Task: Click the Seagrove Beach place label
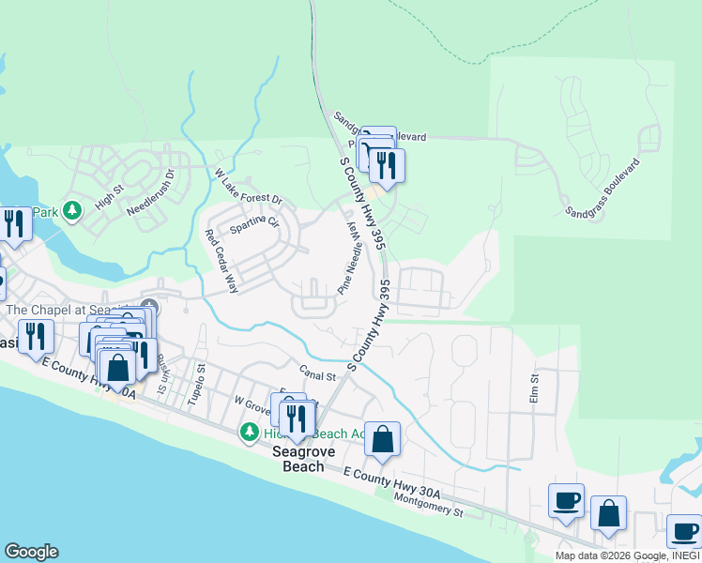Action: coord(304,458)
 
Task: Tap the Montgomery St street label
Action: coord(430,507)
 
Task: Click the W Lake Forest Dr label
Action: coord(249,187)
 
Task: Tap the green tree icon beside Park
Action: coord(72,213)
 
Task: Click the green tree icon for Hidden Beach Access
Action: coord(249,433)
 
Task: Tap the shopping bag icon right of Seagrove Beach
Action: coord(383,438)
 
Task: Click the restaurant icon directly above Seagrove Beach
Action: coord(298,417)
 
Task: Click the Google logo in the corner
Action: coord(31,552)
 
